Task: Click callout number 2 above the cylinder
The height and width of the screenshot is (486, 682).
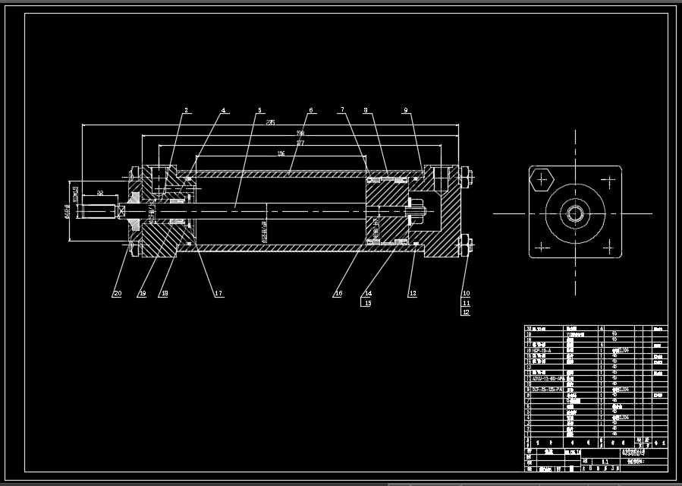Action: (x=185, y=111)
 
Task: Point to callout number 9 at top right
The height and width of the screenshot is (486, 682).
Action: (x=406, y=111)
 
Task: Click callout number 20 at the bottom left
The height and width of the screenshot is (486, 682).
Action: (x=117, y=294)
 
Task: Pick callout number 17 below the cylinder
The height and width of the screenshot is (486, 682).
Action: (x=218, y=294)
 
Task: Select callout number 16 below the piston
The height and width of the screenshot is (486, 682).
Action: (x=338, y=294)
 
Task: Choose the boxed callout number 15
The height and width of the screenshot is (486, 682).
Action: (x=368, y=303)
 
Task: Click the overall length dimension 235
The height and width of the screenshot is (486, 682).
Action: (x=271, y=122)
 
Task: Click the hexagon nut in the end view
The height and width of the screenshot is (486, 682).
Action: (x=541, y=180)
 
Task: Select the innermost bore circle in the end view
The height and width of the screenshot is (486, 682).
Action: (x=574, y=213)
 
